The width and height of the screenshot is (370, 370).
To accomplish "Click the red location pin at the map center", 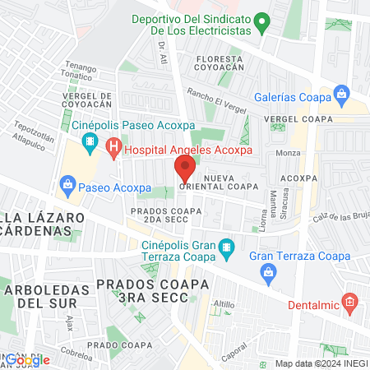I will [x=184, y=169].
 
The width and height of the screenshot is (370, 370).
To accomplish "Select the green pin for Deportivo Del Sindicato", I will [x=262, y=22].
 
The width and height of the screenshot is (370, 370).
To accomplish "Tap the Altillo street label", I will [x=223, y=304].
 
